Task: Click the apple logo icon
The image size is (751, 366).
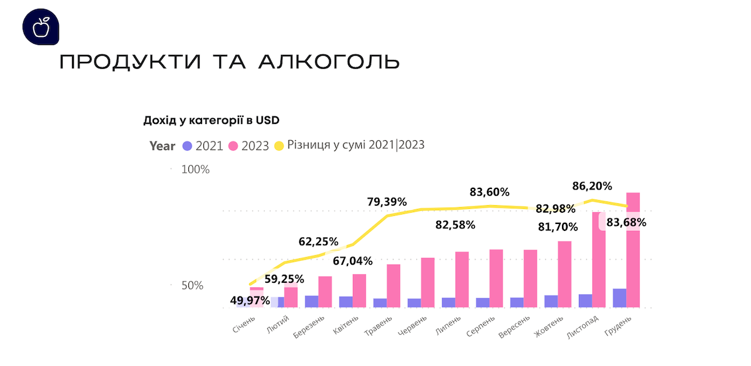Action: [42, 28]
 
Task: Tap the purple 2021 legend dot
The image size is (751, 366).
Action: [186, 146]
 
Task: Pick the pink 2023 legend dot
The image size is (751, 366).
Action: [233, 146]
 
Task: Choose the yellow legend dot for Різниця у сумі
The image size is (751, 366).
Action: [278, 146]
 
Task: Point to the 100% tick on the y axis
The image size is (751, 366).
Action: [195, 170]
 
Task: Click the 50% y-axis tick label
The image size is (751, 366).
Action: [192, 285]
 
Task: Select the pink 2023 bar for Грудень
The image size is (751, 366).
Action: [633, 250]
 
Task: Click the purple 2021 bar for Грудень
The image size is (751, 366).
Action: [620, 298]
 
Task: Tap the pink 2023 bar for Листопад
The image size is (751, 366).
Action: [599, 260]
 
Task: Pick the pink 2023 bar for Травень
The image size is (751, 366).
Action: [394, 286]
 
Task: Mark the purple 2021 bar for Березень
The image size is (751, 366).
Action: [312, 302]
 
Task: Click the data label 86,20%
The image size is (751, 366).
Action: [593, 186]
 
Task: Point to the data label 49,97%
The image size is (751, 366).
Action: [250, 300]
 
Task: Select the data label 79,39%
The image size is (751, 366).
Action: [387, 201]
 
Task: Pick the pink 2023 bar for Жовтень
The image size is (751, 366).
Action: [565, 275]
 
